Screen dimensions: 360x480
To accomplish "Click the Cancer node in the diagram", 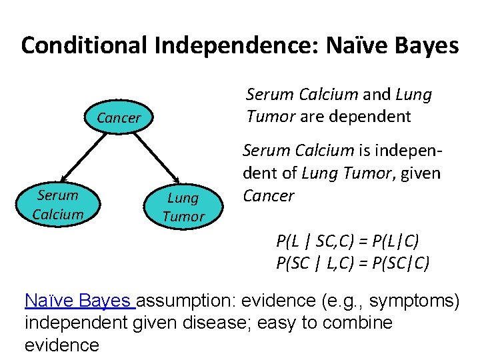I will click(x=119, y=118).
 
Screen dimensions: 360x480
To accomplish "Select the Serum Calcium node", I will click(x=58, y=205).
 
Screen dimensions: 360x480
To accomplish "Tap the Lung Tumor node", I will click(x=183, y=207).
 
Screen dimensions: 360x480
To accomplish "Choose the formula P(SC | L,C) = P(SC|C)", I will click(x=353, y=263).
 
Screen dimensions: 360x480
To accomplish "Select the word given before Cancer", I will click(x=421, y=173).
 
